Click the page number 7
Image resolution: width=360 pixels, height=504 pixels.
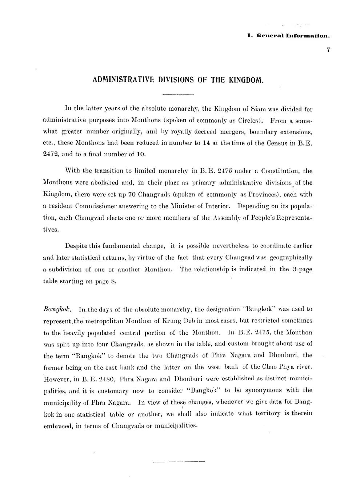click(328, 50)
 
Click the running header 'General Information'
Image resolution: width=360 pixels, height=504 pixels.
click(293, 36)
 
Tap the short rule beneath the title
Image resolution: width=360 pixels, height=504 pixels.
click(179, 95)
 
